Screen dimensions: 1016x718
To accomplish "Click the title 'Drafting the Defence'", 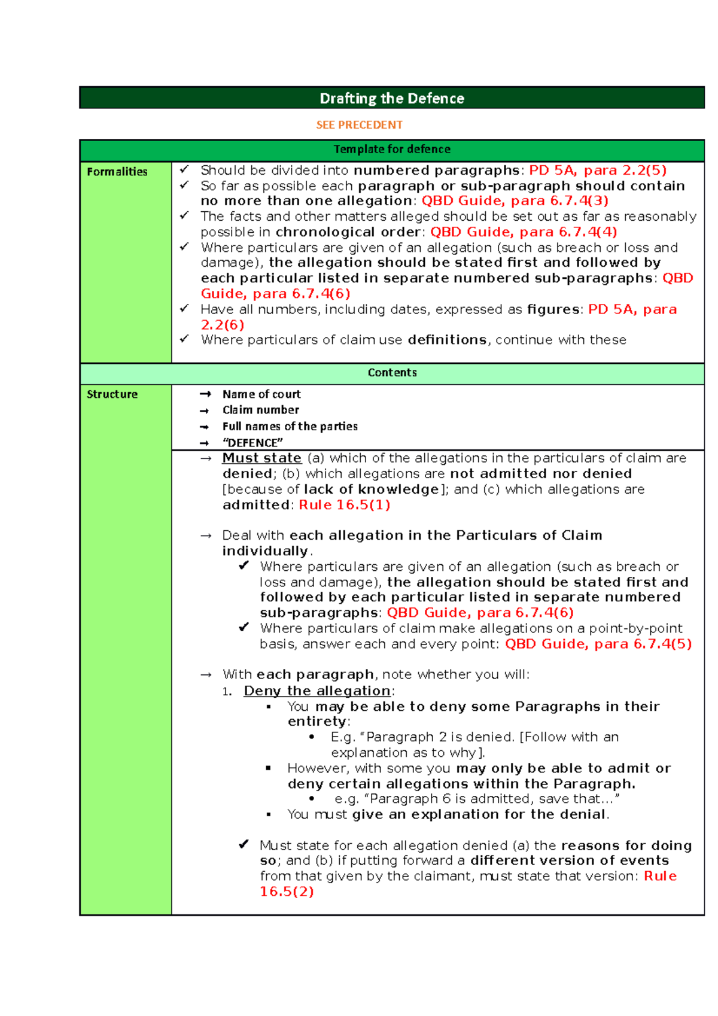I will (392, 98).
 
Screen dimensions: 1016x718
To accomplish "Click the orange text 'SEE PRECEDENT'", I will (359, 125).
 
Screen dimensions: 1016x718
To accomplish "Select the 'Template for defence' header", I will (392, 149).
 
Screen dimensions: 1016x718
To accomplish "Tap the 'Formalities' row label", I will (117, 172).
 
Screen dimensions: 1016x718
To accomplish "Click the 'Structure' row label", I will (112, 394).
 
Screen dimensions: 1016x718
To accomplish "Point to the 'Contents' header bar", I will (392, 373).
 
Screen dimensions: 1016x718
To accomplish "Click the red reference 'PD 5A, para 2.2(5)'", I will (598, 171).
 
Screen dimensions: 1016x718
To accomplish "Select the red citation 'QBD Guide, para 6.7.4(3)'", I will (515, 201).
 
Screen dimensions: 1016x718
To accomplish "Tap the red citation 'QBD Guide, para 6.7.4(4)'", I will (524, 232).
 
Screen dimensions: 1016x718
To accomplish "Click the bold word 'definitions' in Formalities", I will (447, 340).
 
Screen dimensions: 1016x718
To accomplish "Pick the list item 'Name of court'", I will (261, 394).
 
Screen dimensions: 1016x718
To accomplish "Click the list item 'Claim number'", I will (261, 410).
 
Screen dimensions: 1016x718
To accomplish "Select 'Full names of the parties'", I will (290, 427).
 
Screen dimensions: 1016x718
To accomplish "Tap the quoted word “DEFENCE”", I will (252, 443).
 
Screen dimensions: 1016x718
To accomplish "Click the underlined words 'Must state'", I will (261, 458).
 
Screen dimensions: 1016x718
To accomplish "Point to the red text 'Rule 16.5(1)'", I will (345, 505).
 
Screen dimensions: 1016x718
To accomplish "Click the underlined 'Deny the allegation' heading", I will (317, 691).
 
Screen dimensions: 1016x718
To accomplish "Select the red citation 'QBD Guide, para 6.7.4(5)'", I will (598, 644).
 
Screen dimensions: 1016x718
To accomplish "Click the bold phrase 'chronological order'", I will (349, 232).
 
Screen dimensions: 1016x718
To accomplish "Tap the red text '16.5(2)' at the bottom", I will (287, 892).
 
